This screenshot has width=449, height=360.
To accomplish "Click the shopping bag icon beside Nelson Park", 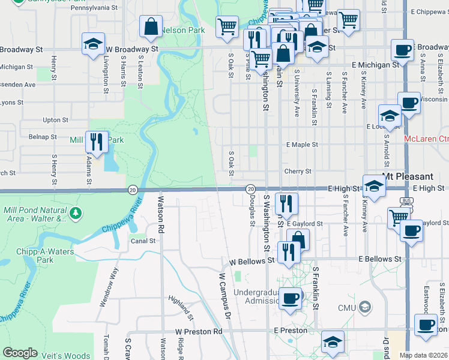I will tap(151, 26).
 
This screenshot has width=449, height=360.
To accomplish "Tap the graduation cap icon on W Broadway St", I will tap(93, 44).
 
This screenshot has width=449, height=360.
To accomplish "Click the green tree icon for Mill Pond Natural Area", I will tap(76, 213).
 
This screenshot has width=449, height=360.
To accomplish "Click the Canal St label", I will tap(143, 241).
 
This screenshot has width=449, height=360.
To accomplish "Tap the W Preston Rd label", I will tap(199, 331).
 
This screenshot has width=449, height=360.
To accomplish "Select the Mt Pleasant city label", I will tap(408, 177).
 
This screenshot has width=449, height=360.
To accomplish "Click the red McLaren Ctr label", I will tap(426, 139).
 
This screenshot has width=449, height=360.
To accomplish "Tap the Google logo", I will tap(20, 353).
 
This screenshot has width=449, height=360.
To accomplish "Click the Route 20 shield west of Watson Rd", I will tap(132, 190).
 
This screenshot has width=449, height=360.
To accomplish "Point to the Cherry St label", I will tap(298, 171).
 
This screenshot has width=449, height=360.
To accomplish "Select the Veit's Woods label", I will tap(67, 356).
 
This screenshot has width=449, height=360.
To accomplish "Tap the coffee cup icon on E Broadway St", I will tap(402, 50).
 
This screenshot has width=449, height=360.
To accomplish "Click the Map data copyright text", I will tap(423, 355).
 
